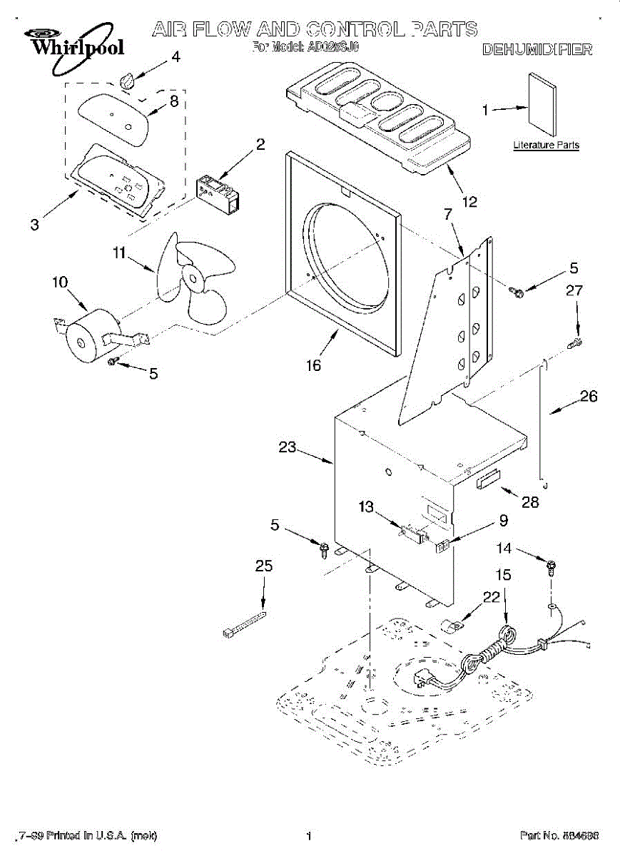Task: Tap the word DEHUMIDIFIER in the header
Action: tap(537, 50)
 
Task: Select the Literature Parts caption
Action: tap(546, 146)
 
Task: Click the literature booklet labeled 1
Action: tap(543, 103)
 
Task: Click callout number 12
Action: tap(469, 202)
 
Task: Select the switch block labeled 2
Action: tap(217, 192)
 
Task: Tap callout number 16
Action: tap(313, 366)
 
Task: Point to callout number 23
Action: tap(287, 447)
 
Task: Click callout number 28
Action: tap(530, 502)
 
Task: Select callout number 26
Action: tap(589, 397)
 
